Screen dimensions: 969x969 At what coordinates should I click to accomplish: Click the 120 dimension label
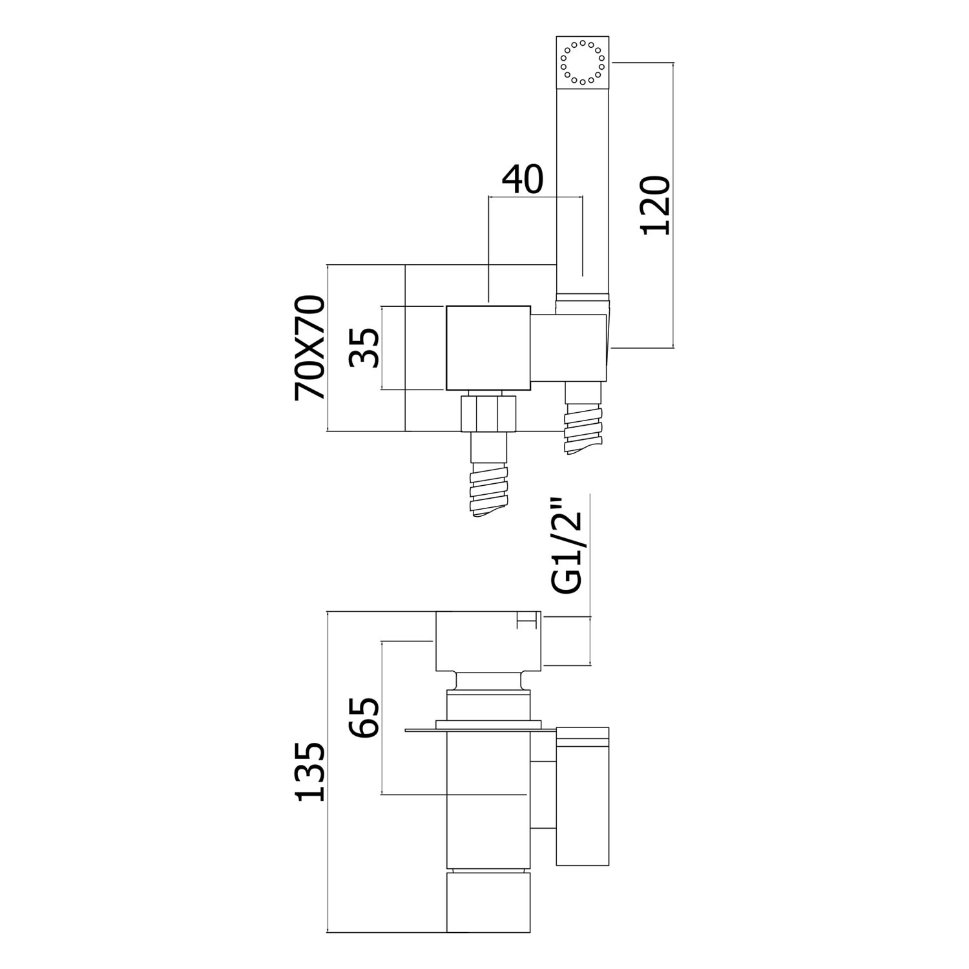(655, 205)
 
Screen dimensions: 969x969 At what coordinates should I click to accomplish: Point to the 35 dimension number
(366, 348)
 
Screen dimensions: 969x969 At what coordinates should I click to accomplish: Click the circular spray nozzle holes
(583, 62)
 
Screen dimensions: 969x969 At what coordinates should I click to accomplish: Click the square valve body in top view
(488, 347)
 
